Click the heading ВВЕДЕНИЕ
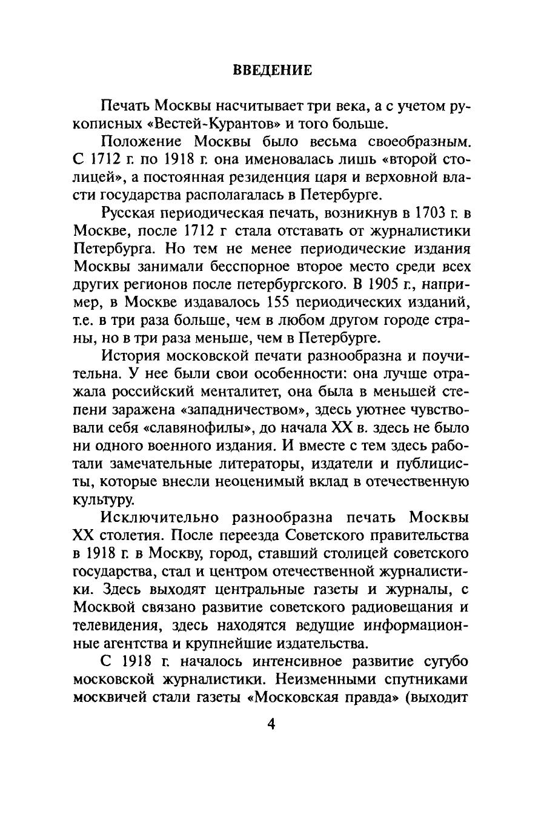click(x=272, y=70)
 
